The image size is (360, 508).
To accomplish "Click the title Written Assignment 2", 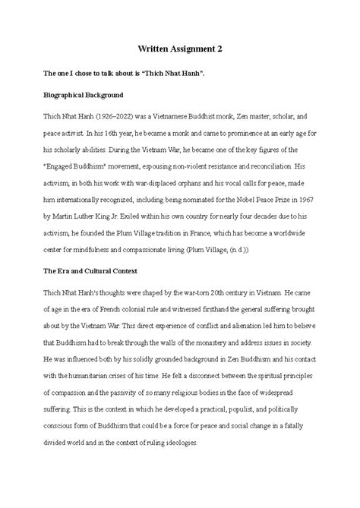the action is click(x=180, y=48).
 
